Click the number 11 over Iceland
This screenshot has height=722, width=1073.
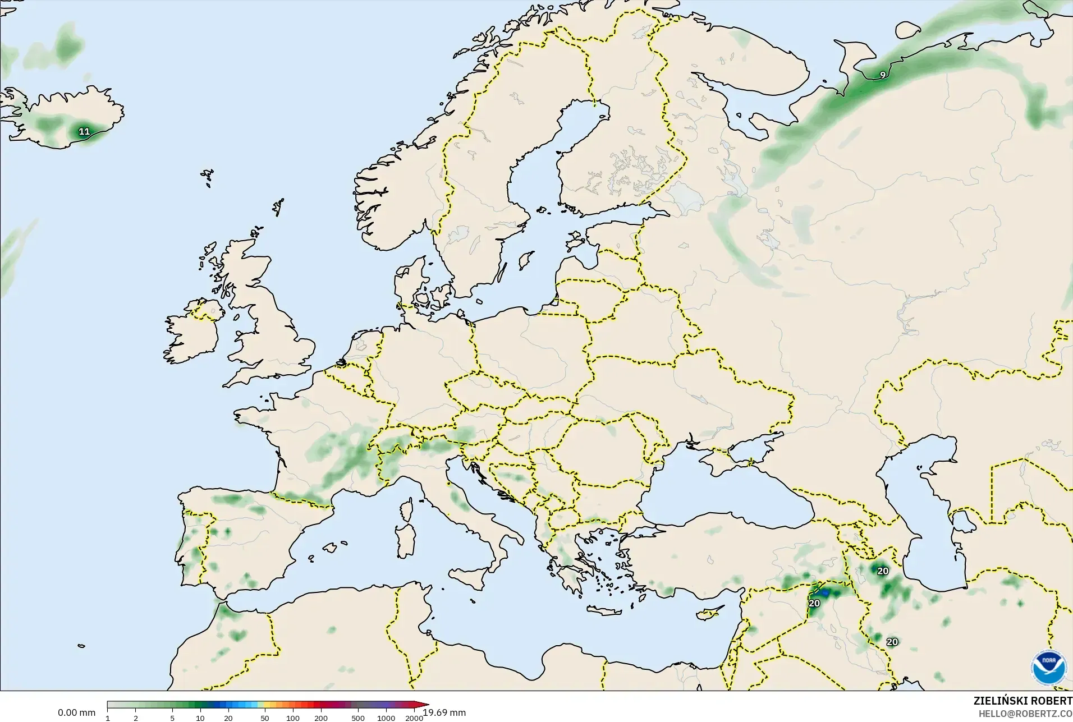[84, 132]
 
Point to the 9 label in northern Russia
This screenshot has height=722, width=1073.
[883, 75]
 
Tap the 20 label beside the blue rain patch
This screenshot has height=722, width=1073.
[814, 604]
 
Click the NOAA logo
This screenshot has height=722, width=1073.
[1047, 668]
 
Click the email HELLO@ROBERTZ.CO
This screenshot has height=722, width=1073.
[1025, 714]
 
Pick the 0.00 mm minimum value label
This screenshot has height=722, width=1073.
[76, 713]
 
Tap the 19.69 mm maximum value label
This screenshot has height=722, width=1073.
[444, 713]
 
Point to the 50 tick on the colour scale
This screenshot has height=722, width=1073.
[265, 718]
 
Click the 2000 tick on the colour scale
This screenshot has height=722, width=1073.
[414, 718]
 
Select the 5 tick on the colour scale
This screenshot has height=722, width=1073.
[172, 718]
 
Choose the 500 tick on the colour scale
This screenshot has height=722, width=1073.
[357, 718]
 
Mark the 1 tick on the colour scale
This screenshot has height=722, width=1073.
[108, 718]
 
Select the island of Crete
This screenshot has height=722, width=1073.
[607, 611]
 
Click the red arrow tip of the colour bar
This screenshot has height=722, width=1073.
[426, 705]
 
